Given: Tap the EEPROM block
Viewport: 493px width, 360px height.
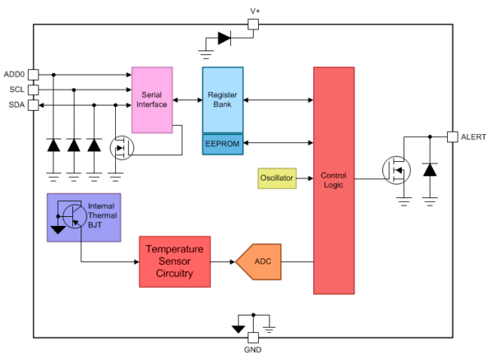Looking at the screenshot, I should coord(223,144).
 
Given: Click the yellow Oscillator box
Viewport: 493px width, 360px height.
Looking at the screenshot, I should coord(277,178).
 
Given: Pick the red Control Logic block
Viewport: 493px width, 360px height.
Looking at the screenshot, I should coord(334,180).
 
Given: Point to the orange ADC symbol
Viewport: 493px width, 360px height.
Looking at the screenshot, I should coord(260,261).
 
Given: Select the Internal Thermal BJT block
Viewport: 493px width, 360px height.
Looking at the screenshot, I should coord(85,217).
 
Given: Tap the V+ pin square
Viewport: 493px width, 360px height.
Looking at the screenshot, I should coord(254,25).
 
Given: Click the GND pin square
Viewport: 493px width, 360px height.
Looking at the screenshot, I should coord(254,337).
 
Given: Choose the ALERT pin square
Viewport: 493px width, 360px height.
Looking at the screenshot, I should coord(452,136).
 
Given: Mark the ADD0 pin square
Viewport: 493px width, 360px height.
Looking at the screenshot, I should coord(34,74).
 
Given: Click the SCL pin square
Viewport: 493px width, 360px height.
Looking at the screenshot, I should coord(34,90).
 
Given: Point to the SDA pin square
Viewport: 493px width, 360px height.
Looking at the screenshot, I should coord(34,104).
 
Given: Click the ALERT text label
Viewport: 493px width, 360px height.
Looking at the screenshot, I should coord(474,136).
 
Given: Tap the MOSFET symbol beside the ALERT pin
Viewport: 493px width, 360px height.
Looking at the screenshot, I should coord(396,170).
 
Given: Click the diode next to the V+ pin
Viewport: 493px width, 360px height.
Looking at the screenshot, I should coord(224,38).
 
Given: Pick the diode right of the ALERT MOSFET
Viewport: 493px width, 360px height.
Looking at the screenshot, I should coord(429,169).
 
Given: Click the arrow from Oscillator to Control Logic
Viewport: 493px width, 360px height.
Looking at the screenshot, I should coord(305,178).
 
